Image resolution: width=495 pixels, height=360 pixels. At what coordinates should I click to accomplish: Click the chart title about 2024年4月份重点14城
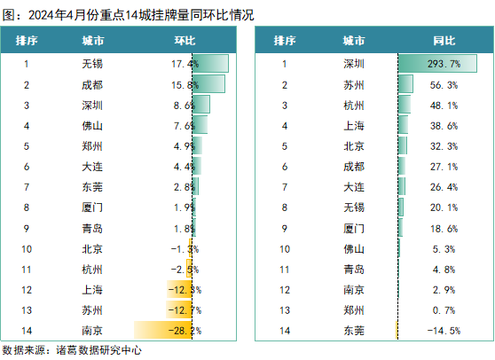click(128, 15)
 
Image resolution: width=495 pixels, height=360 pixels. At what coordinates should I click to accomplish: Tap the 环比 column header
click(185, 41)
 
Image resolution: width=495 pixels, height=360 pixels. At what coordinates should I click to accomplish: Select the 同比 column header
click(444, 41)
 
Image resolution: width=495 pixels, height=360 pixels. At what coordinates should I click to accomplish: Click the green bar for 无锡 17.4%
click(210, 64)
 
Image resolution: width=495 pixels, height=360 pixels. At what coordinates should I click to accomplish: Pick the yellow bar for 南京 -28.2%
click(163, 330)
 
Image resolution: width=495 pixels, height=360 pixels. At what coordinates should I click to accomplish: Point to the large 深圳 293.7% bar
click(437, 64)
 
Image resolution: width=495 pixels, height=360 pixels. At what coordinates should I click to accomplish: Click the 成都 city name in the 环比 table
click(92, 85)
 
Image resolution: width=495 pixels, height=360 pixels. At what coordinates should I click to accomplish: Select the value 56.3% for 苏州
click(444, 85)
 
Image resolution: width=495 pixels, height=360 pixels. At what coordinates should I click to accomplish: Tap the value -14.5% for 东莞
click(444, 331)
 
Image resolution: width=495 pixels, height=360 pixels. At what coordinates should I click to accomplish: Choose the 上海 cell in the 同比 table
click(354, 126)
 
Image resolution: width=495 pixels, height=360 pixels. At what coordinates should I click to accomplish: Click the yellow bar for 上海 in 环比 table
click(179, 289)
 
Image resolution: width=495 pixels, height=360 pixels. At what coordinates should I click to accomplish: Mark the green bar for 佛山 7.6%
click(200, 125)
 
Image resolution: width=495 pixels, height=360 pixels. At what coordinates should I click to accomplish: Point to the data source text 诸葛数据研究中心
click(98, 350)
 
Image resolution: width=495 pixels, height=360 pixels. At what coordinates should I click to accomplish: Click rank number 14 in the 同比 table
click(285, 331)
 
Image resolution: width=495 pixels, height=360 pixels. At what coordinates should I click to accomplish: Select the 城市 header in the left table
click(93, 41)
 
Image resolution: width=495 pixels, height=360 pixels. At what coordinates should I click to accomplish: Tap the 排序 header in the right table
click(285, 41)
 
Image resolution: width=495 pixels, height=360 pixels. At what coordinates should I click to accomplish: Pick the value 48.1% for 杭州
click(444, 106)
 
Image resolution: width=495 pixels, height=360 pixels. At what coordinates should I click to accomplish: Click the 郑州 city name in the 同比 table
click(354, 309)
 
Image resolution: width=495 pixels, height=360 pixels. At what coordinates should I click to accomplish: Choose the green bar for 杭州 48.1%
click(405, 104)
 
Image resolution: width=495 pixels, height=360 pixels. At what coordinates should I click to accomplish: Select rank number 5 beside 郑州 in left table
click(27, 146)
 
